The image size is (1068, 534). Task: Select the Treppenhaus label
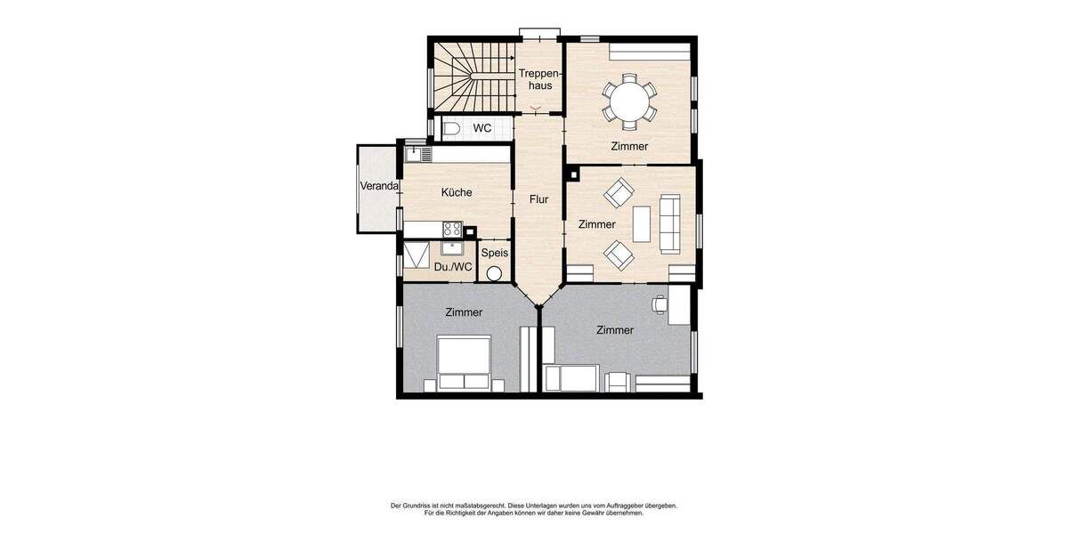coord(539,79)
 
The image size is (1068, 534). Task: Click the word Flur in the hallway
coord(538,199)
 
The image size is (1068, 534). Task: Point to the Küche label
coord(457,192)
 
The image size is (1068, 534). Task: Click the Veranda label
coord(377,187)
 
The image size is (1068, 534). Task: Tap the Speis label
coord(495,253)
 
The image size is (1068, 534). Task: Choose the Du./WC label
coord(453,266)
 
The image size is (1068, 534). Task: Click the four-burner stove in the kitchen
coord(452,229)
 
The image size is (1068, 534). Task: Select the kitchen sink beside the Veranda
coord(417,154)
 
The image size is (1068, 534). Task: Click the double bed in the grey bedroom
coord(463,362)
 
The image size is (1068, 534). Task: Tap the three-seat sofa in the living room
coord(669,223)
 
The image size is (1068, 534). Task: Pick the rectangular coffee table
coord(641,223)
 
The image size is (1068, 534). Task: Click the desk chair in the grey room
coord(659,303)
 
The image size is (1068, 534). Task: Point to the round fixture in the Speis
coord(494,273)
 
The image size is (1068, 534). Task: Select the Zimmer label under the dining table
coord(629,146)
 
